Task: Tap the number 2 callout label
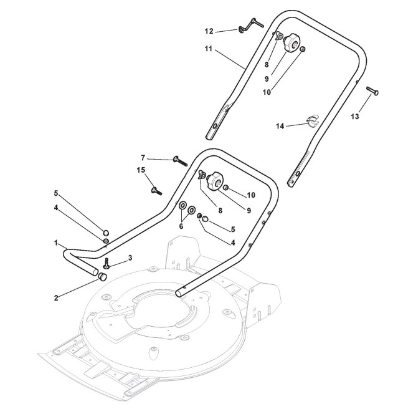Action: click(x=56, y=297)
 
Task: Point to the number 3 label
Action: click(x=130, y=258)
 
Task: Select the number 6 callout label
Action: click(x=182, y=227)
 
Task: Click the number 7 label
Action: click(x=143, y=158)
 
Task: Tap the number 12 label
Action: click(x=210, y=30)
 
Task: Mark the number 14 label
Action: click(x=281, y=127)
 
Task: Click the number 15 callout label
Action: click(x=141, y=170)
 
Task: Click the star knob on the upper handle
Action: click(x=288, y=45)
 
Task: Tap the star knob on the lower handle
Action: click(x=215, y=181)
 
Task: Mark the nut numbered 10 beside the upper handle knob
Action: click(x=302, y=49)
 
